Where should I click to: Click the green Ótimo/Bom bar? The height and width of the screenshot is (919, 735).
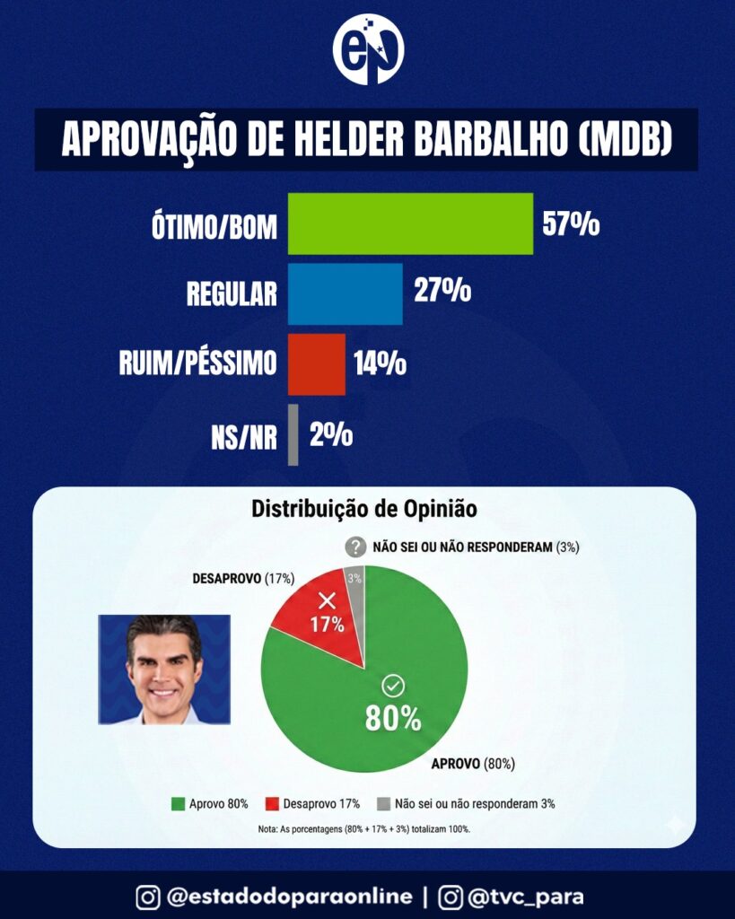[x=410, y=223]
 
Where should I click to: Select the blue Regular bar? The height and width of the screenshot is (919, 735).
[x=345, y=293]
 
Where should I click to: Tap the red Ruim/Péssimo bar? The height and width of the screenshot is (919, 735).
[x=316, y=363]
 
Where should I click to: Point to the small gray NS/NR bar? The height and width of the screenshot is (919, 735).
[x=293, y=435]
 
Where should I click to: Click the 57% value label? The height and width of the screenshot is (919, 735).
[x=571, y=223]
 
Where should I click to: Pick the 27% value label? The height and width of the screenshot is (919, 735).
[x=442, y=292]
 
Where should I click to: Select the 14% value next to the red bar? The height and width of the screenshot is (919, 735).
[x=379, y=363]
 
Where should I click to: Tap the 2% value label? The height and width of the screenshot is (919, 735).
[x=330, y=435]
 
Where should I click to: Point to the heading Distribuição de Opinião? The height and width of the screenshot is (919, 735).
[x=363, y=510]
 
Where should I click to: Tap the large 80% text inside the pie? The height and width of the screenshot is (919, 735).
[x=392, y=718]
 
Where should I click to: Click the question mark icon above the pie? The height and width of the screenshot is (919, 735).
[x=356, y=547]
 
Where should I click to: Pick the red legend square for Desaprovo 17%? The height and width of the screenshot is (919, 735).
[x=272, y=804]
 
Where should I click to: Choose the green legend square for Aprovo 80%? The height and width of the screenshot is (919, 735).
[x=178, y=804]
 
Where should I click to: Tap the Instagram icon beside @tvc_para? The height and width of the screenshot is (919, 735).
[x=451, y=896]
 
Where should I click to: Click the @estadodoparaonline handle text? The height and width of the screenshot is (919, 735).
[x=289, y=896]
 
